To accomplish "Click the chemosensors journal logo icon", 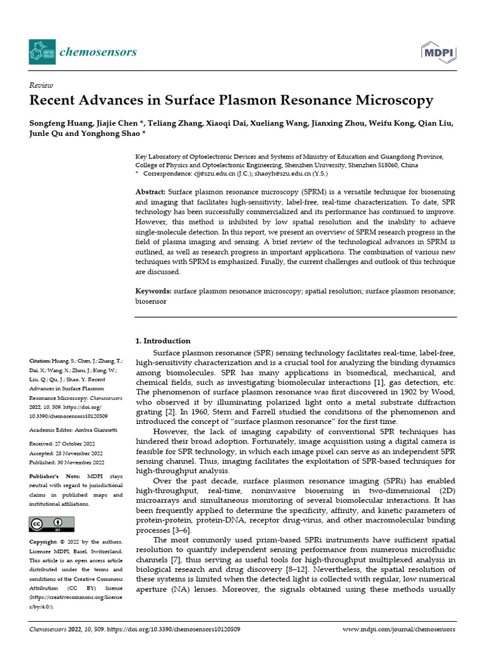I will click(x=41, y=51).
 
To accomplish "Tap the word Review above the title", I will click(x=41, y=85).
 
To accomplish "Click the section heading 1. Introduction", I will click(x=163, y=341).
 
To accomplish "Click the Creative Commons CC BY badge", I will click(x=51, y=524).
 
